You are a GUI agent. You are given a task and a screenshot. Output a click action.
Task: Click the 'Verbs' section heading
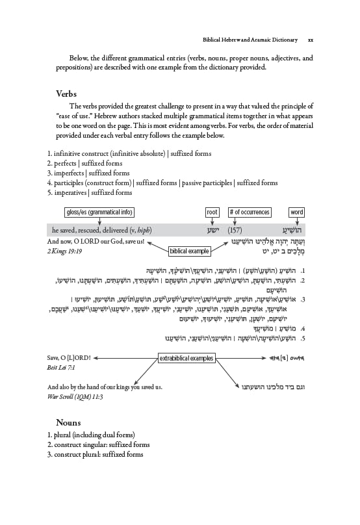68,94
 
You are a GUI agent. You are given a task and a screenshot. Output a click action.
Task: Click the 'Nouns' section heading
69,422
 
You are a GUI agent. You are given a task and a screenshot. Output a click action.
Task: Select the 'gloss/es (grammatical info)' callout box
99,212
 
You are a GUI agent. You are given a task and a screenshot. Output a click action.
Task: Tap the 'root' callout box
211,212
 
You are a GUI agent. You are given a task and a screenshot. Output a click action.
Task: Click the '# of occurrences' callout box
249,212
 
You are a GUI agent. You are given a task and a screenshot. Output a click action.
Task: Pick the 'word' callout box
296,212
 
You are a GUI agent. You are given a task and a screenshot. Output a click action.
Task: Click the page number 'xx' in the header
311,38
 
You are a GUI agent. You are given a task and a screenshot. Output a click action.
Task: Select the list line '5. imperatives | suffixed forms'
90,193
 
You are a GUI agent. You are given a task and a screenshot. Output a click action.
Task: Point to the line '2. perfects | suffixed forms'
84,164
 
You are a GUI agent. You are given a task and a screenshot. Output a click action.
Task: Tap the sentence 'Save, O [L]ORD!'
73,358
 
